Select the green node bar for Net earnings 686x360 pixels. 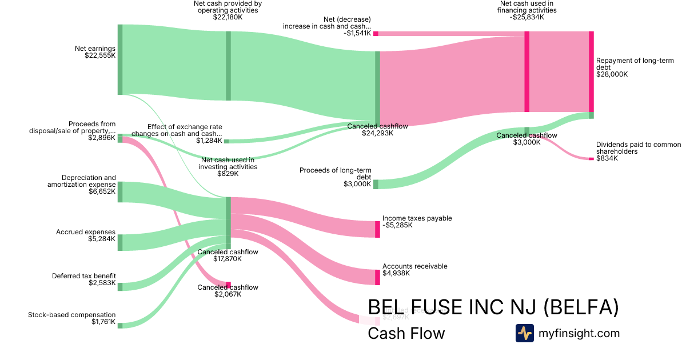(120, 59)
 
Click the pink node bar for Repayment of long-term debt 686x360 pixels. (591, 71)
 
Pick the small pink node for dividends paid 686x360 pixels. (591, 158)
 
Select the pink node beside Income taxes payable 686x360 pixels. (377, 229)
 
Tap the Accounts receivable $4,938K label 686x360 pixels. (414, 270)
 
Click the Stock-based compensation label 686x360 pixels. (72, 318)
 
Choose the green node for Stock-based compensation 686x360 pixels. (120, 325)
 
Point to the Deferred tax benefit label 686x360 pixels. (83, 279)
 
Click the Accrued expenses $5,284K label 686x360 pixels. (86, 235)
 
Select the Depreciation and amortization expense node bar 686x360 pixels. (120, 192)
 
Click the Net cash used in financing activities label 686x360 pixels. (527, 10)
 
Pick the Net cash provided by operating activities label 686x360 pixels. (228, 10)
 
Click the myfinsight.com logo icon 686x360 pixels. (524, 333)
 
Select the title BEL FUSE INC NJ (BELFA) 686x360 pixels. (493, 307)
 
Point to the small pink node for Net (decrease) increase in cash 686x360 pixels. (376, 34)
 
